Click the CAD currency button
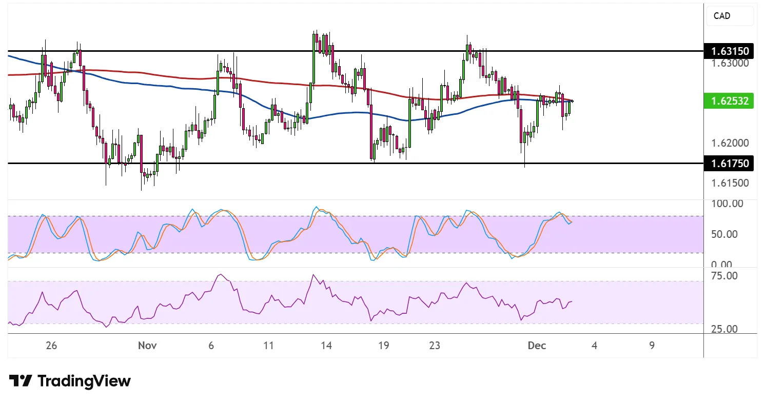click(730, 16)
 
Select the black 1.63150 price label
click(729, 51)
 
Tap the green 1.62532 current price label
click(729, 101)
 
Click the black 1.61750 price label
click(729, 164)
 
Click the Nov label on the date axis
click(147, 346)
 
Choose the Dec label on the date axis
click(536, 346)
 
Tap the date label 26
click(51, 346)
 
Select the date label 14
click(326, 346)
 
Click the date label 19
click(383, 346)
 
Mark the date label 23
click(434, 346)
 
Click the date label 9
click(652, 346)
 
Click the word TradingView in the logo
click(84, 381)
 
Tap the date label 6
click(211, 346)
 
